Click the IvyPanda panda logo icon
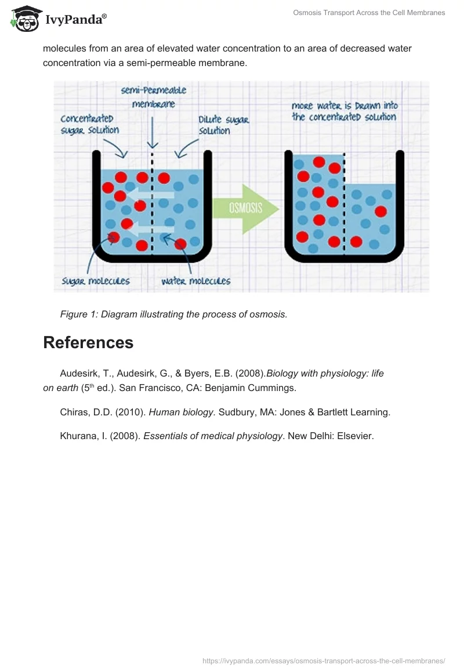(24, 19)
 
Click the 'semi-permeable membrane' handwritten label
(153, 97)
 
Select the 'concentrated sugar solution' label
(90, 124)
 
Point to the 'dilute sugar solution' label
(223, 125)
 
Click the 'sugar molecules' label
(96, 281)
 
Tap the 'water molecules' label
(195, 281)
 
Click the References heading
(88, 342)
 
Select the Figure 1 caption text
(173, 314)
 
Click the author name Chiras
(74, 412)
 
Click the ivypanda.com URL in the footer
(324, 660)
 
